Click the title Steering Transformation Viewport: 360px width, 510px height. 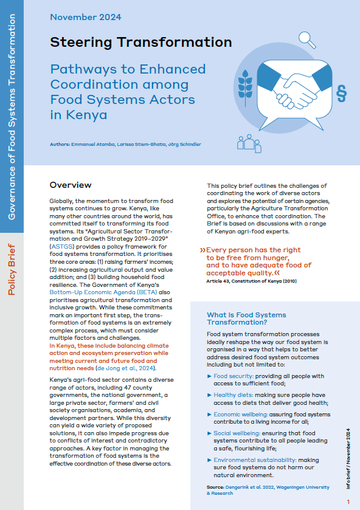141,43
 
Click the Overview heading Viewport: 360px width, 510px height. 71,185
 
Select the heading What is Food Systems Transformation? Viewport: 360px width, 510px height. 246,319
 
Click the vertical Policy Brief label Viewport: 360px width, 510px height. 12,270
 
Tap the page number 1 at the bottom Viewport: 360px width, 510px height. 348,501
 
